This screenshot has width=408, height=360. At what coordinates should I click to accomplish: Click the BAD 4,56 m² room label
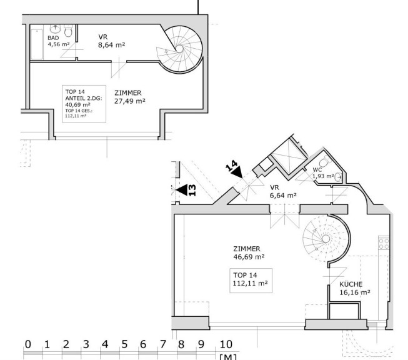(x=59, y=41)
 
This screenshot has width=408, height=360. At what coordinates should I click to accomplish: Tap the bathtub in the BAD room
(x=37, y=44)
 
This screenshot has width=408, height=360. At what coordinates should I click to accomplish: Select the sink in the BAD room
(x=55, y=28)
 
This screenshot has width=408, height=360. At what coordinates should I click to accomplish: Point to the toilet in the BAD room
(x=68, y=31)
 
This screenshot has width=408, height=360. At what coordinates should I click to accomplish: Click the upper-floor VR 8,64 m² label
(x=111, y=41)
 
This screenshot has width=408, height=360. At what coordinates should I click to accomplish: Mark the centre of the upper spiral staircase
(x=179, y=49)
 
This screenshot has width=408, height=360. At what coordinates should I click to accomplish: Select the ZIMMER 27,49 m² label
(x=129, y=97)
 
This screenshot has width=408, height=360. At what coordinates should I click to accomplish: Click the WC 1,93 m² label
(x=323, y=173)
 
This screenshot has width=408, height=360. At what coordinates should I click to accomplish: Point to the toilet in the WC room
(x=326, y=161)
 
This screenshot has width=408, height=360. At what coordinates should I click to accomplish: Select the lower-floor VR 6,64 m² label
(x=283, y=191)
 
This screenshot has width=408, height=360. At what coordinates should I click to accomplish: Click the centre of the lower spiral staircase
(x=326, y=239)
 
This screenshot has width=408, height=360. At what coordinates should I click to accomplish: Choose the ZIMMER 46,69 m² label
(x=249, y=252)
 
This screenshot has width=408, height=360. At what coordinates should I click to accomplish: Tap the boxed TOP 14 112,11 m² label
(x=251, y=279)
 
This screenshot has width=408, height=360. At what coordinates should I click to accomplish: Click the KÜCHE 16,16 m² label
(x=355, y=288)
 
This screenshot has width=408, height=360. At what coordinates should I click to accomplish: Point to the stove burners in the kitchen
(x=384, y=243)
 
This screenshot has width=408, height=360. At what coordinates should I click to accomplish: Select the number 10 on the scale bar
(x=226, y=344)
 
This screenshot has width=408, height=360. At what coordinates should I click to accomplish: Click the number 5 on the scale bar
(x=124, y=344)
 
